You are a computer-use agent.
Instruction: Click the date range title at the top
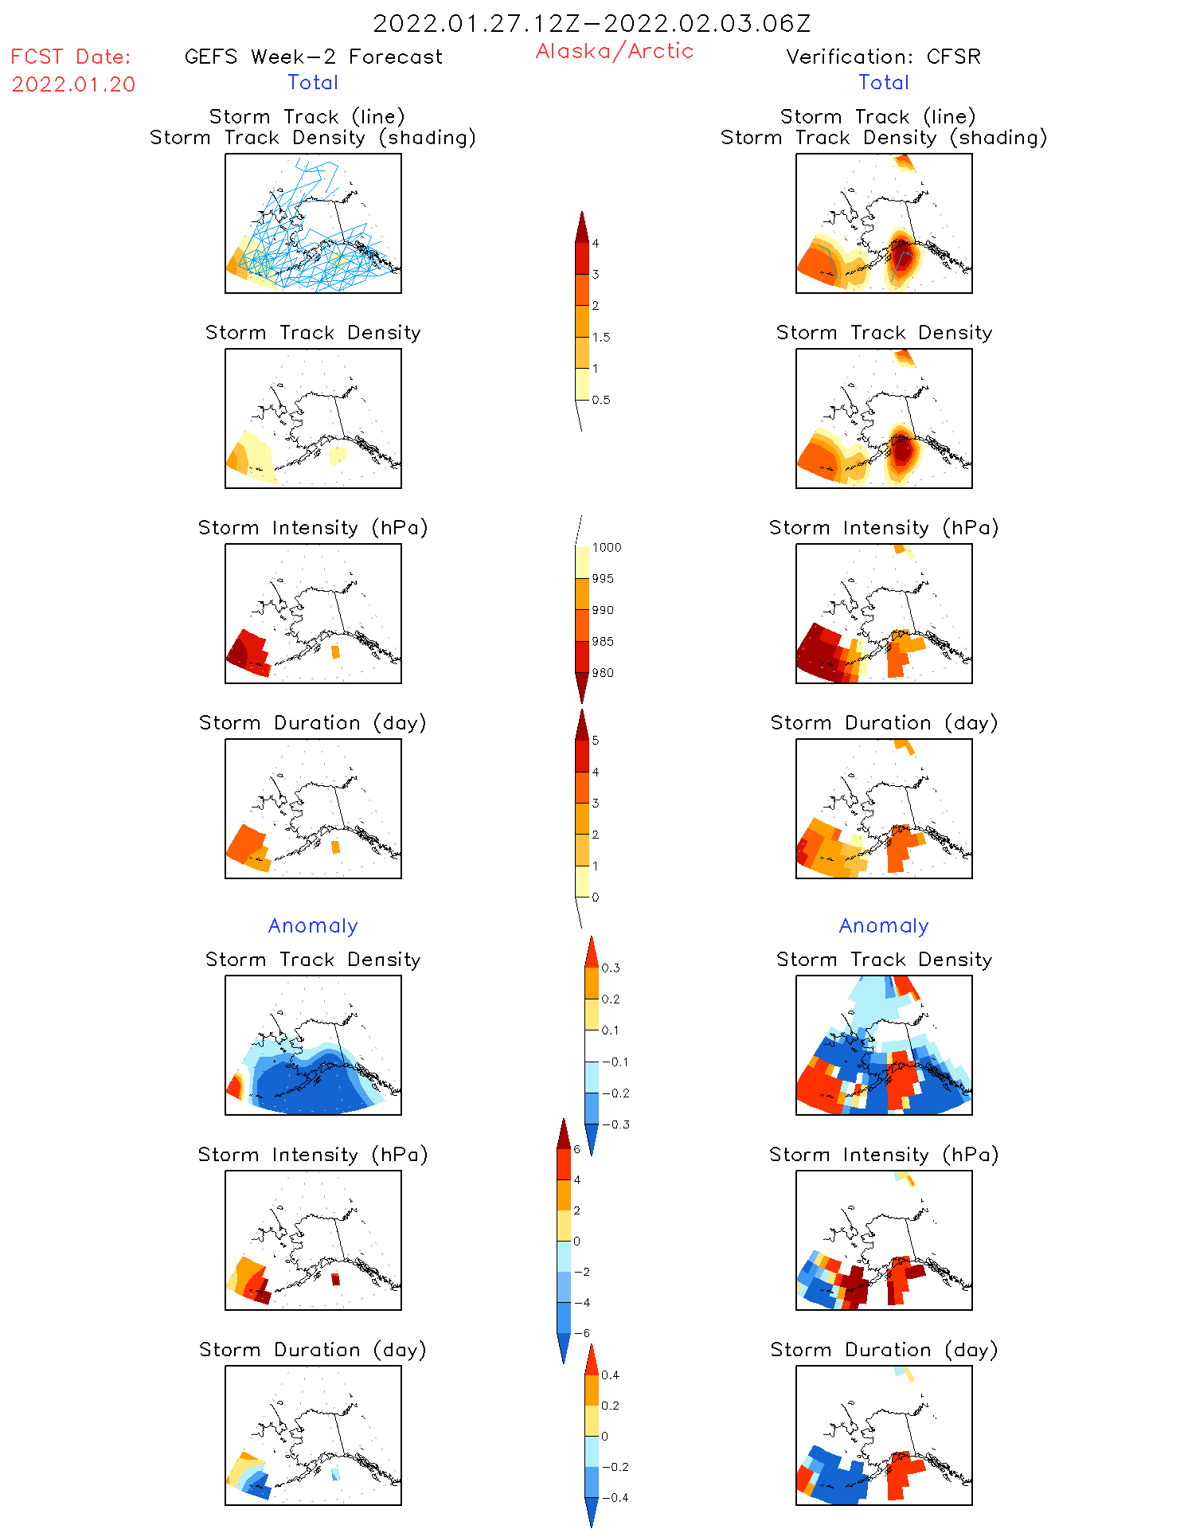click(592, 24)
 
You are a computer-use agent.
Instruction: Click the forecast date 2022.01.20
click(73, 84)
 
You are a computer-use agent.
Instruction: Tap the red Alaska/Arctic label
click(614, 51)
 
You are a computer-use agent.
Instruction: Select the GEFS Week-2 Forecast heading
click(313, 57)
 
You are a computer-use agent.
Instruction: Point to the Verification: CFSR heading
click(883, 57)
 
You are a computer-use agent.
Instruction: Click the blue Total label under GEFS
click(313, 82)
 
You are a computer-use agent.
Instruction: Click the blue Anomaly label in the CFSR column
click(884, 925)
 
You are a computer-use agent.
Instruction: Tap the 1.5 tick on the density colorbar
click(601, 337)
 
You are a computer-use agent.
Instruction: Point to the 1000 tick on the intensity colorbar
click(606, 547)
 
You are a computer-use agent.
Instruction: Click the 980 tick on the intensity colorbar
click(603, 673)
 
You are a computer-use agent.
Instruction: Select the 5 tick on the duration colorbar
click(596, 740)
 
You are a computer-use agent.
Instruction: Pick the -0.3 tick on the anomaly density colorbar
click(615, 1124)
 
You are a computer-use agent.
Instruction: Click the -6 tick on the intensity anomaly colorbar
click(583, 1333)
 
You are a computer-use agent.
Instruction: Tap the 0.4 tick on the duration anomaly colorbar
click(610, 1375)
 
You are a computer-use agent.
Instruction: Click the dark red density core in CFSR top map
click(901, 256)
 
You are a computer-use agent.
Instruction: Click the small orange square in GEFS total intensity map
click(335, 652)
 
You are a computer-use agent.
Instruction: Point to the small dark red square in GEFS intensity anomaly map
click(335, 1279)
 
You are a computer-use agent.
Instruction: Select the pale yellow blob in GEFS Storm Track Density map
click(338, 455)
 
